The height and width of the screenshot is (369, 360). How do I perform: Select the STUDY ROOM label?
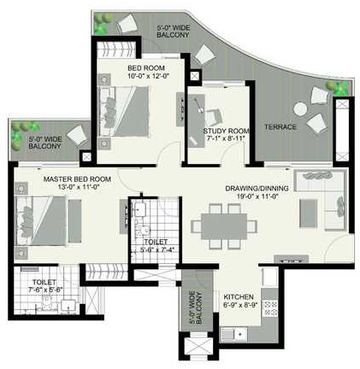tap(224, 131)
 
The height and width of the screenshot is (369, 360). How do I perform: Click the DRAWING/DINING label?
tap(257, 188)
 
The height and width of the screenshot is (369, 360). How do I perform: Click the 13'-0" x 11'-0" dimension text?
tap(61, 187)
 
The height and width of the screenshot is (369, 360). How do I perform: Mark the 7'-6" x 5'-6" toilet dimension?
tap(43, 290)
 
